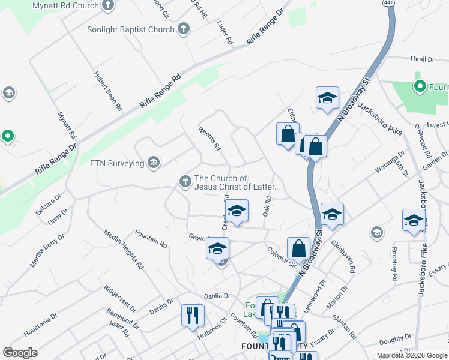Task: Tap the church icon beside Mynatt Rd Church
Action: [x=108, y=7]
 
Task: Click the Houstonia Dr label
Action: [x=40, y=324]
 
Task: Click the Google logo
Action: [x=20, y=353]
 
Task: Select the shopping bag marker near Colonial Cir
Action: [x=298, y=248]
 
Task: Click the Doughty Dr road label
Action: [x=394, y=341]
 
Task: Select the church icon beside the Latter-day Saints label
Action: [x=185, y=181]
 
